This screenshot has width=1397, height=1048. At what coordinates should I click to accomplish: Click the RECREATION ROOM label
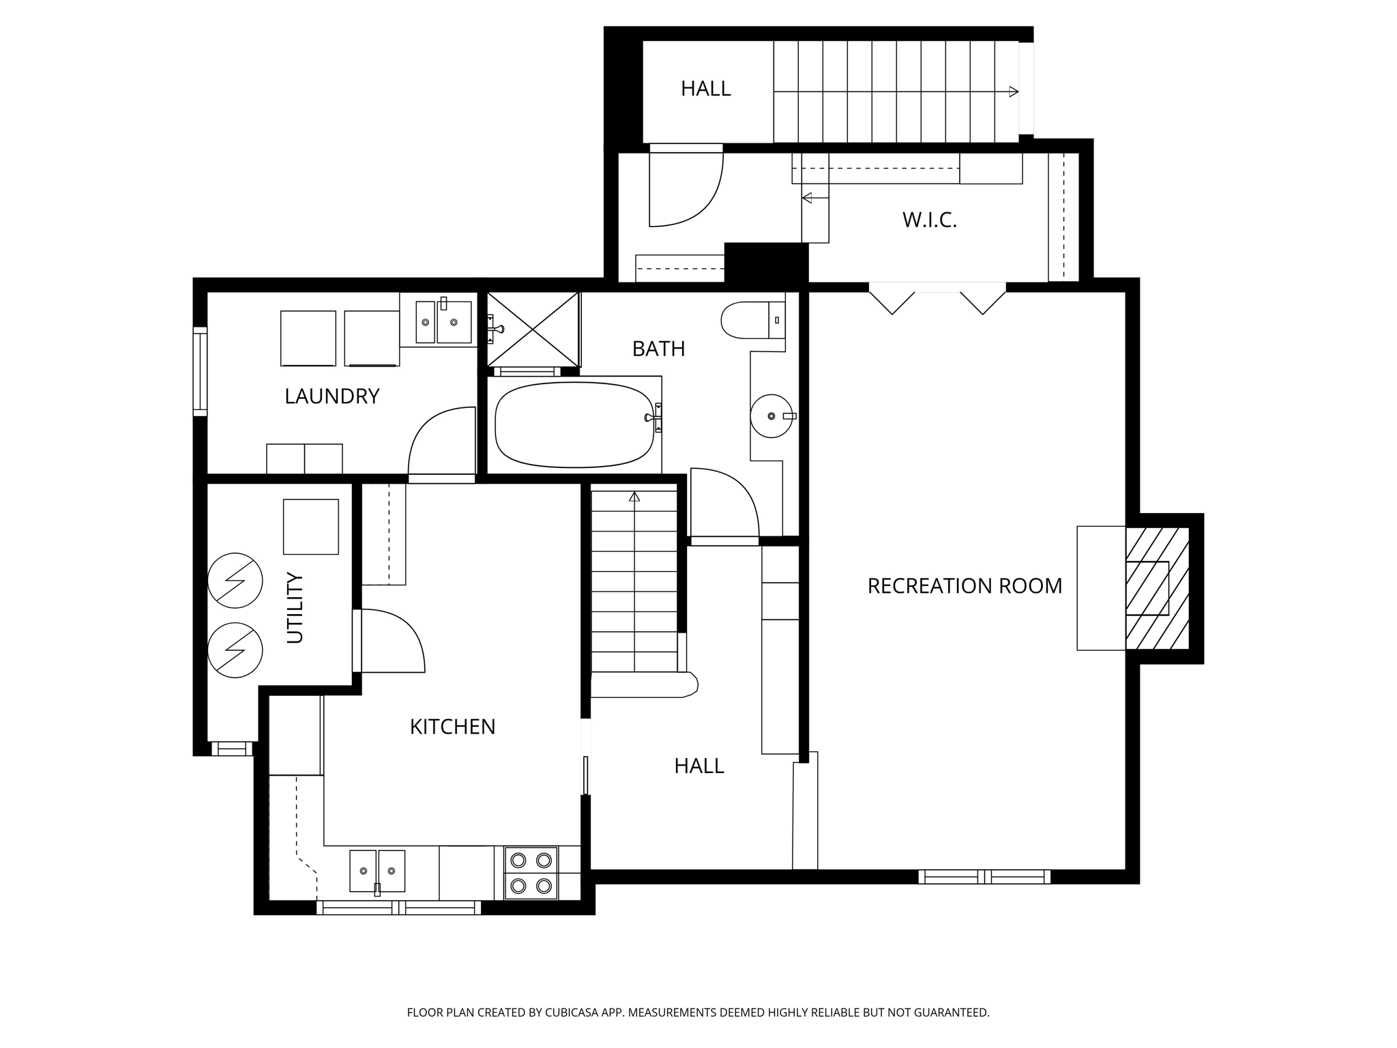tap(965, 586)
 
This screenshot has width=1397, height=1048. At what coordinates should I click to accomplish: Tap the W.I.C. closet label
tap(930, 220)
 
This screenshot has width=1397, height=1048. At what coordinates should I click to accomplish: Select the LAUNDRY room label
tap(332, 396)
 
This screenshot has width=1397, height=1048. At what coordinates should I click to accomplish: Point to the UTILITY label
tap(295, 607)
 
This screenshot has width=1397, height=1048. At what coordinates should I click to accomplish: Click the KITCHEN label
tap(452, 727)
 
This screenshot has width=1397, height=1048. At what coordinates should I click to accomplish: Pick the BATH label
tap(658, 349)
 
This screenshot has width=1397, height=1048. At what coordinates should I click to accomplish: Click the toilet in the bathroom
tap(753, 320)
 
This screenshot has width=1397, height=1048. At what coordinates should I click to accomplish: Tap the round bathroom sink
tap(772, 416)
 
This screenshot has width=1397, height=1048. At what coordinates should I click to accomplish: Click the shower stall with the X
tap(533, 330)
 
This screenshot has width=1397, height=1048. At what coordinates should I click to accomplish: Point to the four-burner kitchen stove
tap(531, 873)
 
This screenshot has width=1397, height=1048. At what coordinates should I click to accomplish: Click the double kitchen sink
tap(377, 871)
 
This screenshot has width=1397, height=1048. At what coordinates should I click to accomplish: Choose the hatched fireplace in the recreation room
tap(1158, 588)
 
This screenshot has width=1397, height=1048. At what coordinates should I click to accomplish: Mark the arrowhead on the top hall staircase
tap(1014, 91)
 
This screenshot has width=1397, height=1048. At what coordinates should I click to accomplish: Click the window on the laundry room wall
tap(200, 371)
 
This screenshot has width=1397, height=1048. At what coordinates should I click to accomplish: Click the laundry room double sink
tap(443, 321)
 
